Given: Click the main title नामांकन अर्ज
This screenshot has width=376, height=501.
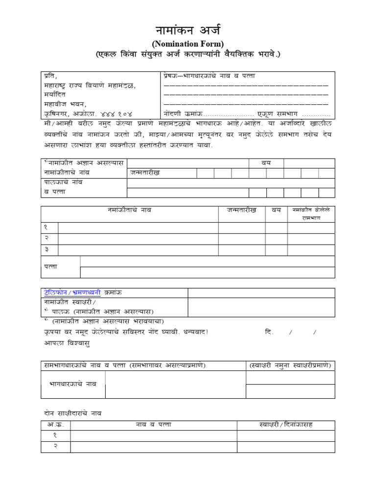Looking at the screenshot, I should [x=188, y=29].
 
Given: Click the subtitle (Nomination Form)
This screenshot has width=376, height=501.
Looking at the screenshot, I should [x=188, y=44].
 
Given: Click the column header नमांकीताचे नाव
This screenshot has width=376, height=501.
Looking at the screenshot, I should [x=129, y=210].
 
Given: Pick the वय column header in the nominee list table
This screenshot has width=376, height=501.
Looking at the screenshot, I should [x=277, y=210].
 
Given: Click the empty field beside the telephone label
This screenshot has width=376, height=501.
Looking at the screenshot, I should [x=261, y=293].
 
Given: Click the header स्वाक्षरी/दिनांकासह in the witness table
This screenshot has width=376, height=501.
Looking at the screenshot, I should [x=285, y=424].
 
